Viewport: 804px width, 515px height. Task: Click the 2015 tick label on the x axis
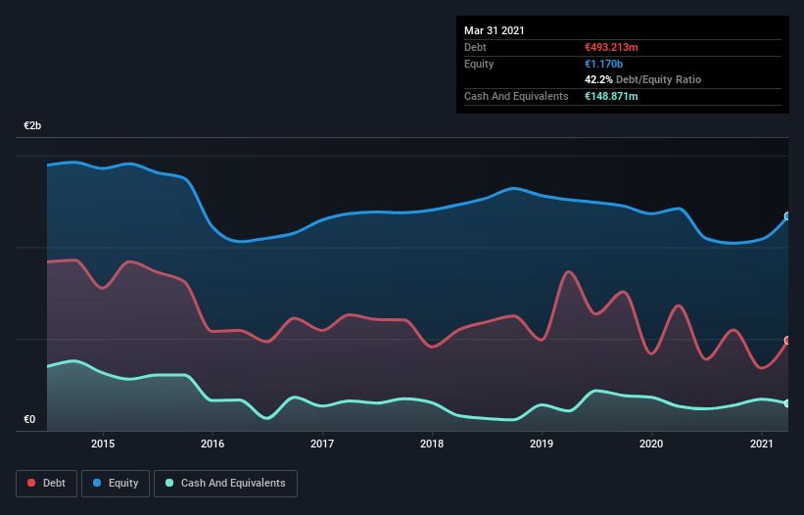(103, 444)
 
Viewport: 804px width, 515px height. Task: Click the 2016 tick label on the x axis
(213, 444)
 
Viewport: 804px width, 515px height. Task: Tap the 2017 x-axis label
(322, 444)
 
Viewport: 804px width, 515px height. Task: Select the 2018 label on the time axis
(432, 444)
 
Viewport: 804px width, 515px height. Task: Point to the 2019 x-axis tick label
(542, 444)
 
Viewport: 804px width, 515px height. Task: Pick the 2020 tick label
(652, 444)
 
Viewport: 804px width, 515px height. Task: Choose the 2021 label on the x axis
(762, 444)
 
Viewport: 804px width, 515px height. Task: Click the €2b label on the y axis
(32, 126)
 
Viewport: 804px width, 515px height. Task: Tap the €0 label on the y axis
(29, 420)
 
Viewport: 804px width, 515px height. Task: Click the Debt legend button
(45, 483)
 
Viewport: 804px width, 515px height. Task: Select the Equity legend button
(116, 483)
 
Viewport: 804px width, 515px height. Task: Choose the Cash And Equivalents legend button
(225, 483)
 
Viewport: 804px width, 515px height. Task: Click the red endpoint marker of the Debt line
(787, 341)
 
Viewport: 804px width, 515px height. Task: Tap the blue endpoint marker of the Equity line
(787, 216)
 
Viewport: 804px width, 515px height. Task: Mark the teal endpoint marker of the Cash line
(787, 403)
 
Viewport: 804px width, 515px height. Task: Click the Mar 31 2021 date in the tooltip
(495, 30)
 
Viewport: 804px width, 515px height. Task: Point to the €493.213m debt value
(612, 47)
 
